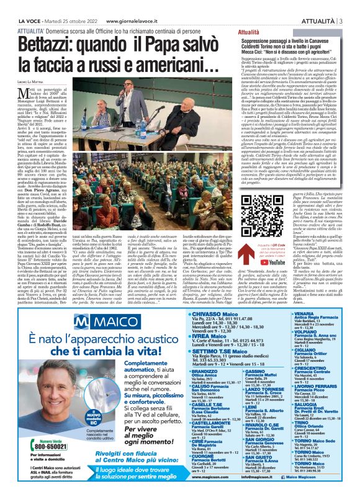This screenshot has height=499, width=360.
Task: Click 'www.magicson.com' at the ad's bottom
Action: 167,494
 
